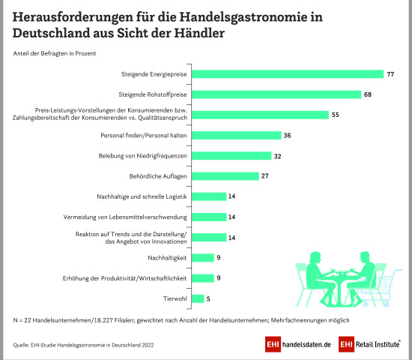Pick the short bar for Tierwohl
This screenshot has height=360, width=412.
[198, 298]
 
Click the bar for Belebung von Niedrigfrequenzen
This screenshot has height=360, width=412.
[231, 156]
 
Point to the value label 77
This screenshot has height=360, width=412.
[390, 74]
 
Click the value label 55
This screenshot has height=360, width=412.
[336, 115]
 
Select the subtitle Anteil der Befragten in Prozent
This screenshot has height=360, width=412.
[54, 52]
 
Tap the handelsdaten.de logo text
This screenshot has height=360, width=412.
[305, 344]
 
